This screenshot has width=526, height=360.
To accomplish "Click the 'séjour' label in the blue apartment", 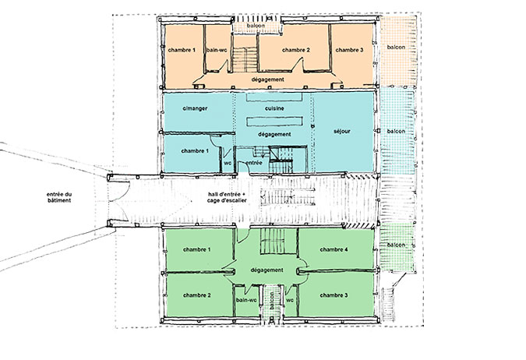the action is click(x=342, y=131).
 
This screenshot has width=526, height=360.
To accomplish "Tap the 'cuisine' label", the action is click(x=274, y=108).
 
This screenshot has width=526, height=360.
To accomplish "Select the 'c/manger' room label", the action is click(x=195, y=108).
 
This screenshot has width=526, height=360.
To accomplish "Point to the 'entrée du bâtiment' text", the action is click(x=59, y=197).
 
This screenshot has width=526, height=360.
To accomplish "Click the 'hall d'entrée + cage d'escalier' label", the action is click(x=227, y=197).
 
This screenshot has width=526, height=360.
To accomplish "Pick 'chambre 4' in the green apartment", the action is click(x=334, y=249).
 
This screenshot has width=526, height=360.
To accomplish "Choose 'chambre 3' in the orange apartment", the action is click(x=349, y=50).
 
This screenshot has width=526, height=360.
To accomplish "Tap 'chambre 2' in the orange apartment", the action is click(x=296, y=50).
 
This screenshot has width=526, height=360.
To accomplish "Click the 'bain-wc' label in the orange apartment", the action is click(x=217, y=50).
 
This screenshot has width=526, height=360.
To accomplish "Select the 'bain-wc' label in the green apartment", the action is click(x=246, y=300).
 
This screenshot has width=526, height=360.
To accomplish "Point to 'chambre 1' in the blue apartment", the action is click(x=195, y=151).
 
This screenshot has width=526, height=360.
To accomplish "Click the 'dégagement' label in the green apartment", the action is click(x=267, y=270).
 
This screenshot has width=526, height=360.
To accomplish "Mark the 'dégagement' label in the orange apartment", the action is click(x=268, y=79).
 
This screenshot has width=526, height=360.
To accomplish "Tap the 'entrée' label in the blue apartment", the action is click(x=253, y=163).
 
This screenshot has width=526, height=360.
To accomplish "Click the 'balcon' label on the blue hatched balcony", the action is click(x=396, y=131).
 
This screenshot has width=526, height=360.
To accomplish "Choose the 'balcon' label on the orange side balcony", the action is click(x=396, y=47).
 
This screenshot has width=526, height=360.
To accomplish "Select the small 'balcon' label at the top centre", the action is click(x=256, y=26).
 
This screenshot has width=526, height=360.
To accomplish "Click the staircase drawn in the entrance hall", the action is click(x=288, y=196).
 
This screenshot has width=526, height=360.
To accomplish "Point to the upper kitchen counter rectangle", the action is click(x=274, y=97).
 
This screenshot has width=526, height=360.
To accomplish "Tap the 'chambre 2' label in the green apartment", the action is click(x=197, y=295).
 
